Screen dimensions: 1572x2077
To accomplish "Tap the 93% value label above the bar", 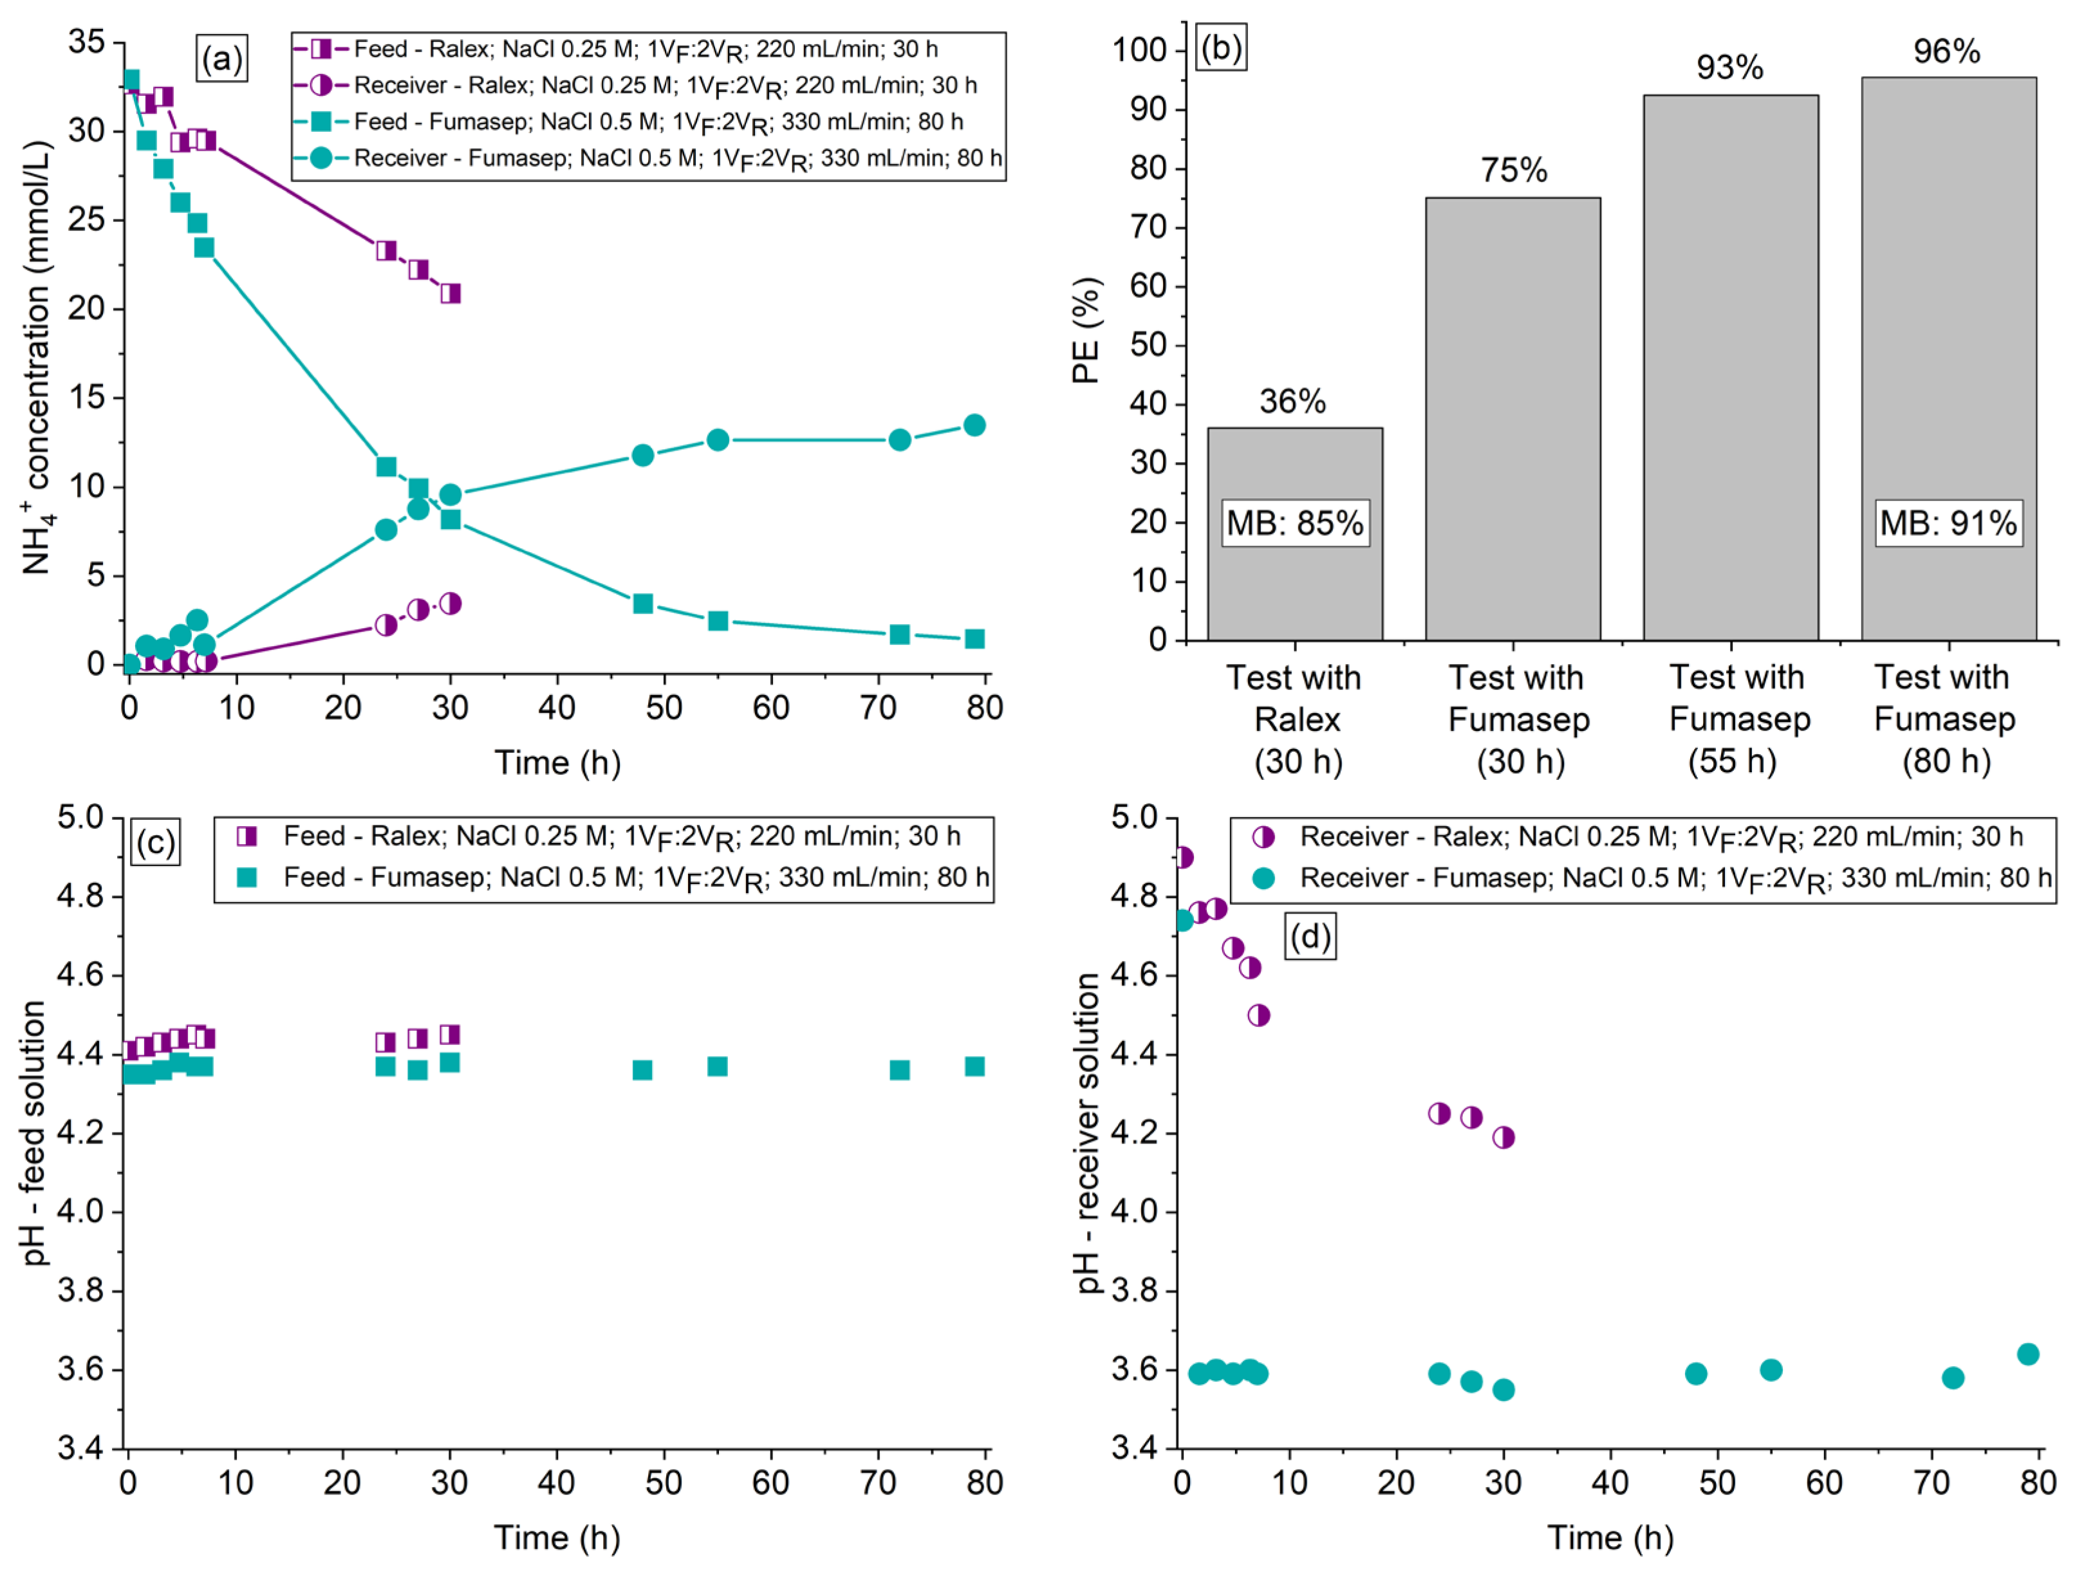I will (x=1729, y=68).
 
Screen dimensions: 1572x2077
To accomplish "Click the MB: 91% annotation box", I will (x=1948, y=522).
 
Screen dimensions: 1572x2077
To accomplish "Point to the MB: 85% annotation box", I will (x=1295, y=522).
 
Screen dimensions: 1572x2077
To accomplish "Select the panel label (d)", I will (x=1310, y=937).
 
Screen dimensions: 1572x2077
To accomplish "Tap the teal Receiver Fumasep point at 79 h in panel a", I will (x=974, y=425).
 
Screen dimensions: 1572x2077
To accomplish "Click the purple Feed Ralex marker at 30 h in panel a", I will (x=451, y=294).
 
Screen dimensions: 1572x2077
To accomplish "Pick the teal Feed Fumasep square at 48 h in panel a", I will (x=643, y=604).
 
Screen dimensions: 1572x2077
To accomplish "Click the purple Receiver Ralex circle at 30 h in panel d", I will (x=1504, y=1138).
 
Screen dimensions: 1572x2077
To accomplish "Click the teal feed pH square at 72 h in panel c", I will (x=900, y=1070).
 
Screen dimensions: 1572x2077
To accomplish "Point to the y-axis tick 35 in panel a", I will (x=86, y=42).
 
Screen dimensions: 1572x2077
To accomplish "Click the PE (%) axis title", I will (x=1085, y=330).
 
